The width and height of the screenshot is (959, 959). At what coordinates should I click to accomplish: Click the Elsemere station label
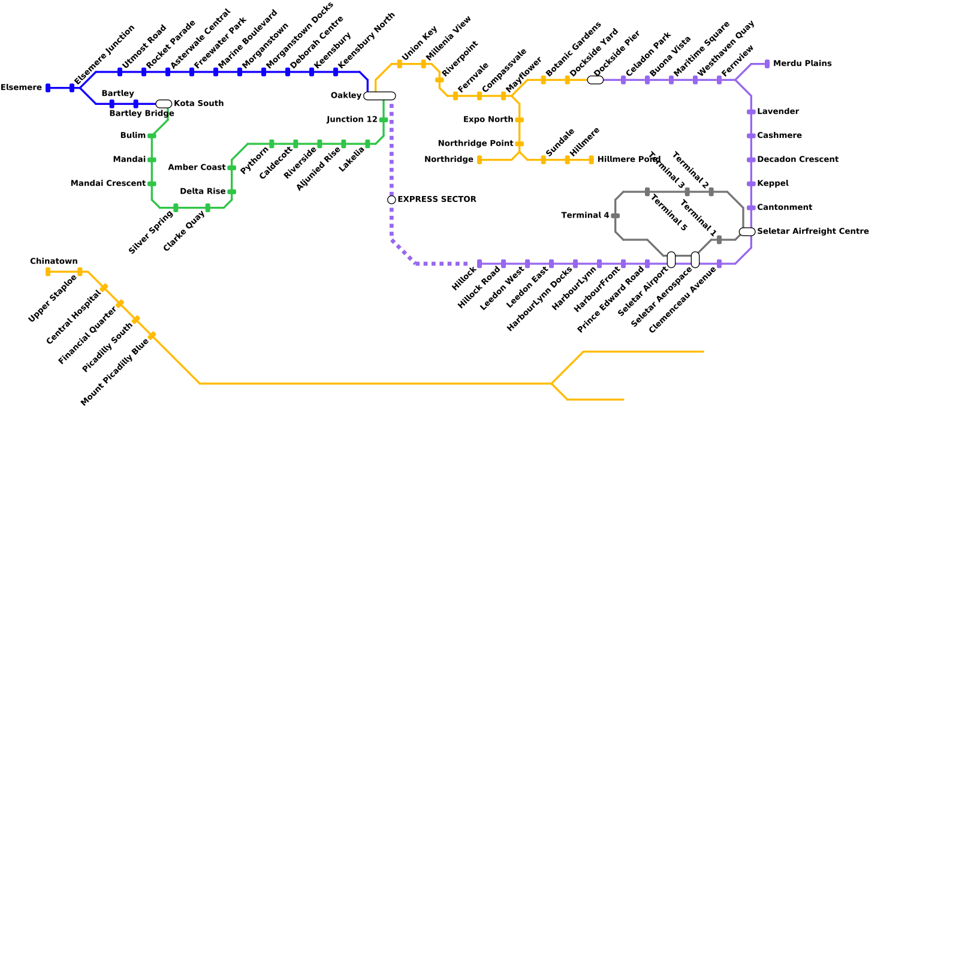click(x=22, y=88)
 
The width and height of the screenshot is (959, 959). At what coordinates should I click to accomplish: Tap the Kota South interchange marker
click(x=164, y=104)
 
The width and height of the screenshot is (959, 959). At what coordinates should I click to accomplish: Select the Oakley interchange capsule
click(x=379, y=96)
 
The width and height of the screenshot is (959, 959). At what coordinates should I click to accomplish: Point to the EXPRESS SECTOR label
click(x=437, y=200)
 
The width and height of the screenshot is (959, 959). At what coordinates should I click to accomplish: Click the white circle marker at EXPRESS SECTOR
click(x=391, y=200)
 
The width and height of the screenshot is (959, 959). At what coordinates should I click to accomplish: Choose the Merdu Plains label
click(x=802, y=64)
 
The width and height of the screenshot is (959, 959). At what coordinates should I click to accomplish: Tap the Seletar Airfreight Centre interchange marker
click(x=747, y=232)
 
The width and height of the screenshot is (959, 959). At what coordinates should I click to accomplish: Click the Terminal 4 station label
click(x=585, y=216)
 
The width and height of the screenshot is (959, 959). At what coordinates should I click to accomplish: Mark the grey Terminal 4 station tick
click(x=615, y=216)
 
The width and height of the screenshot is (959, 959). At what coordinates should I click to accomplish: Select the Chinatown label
click(x=54, y=261)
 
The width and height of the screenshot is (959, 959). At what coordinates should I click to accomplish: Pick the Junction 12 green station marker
click(x=384, y=120)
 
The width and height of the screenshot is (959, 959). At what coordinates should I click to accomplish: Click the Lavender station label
click(x=778, y=112)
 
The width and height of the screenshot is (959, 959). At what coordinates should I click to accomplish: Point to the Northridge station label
click(x=449, y=160)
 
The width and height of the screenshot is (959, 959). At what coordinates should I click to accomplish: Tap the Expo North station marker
click(x=519, y=120)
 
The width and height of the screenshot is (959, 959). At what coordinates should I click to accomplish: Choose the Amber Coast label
click(x=197, y=168)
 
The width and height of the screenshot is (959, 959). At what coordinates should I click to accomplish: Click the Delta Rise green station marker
click(x=231, y=192)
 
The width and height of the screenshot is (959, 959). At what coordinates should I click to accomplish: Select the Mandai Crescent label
click(x=108, y=184)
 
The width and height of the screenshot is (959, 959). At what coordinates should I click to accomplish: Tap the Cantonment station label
click(x=785, y=208)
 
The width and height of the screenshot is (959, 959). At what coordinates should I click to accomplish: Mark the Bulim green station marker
click(x=152, y=136)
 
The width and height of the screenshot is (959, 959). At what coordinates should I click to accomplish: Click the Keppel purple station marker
click(x=751, y=184)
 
